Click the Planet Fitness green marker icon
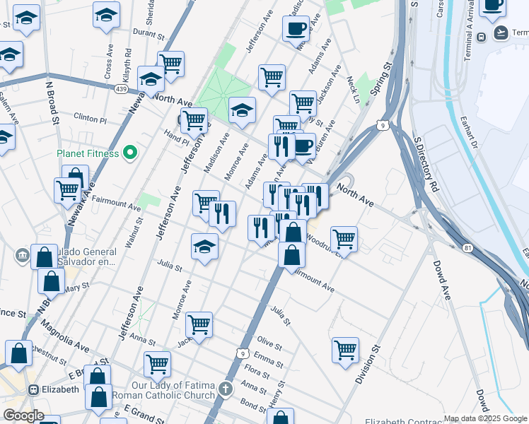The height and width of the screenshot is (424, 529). [129, 152]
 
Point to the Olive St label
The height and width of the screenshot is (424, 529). [269, 344]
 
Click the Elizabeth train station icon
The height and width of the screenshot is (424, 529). [33, 389]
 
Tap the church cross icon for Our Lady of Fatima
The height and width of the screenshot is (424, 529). [225, 389]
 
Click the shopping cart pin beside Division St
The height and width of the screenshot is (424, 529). [345, 349]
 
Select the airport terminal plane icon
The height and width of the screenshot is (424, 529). [502, 32]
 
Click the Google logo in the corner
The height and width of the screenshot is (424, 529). [23, 416]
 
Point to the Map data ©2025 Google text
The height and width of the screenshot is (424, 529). [485, 418]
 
